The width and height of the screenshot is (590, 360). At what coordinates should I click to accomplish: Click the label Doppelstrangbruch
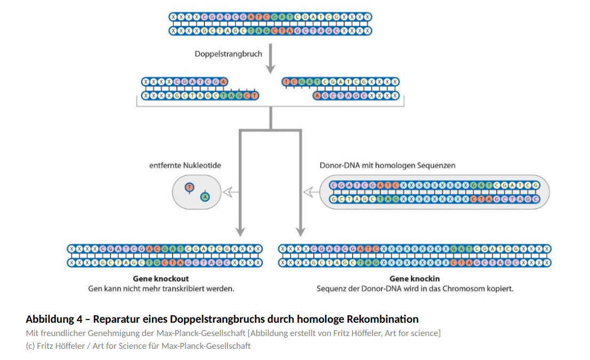point(228,54)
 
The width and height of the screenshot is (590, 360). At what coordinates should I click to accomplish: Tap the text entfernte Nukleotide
point(185,166)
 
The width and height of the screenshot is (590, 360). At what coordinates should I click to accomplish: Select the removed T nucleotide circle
point(189,187)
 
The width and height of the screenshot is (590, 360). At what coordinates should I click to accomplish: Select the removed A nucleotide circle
point(205,198)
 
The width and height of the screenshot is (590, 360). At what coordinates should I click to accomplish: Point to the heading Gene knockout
point(161,279)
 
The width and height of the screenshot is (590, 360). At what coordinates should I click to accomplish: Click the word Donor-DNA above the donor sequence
point(340,166)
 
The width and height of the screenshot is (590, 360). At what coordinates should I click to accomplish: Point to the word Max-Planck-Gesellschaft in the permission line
point(200,333)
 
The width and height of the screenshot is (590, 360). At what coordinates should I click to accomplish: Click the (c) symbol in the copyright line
point(30,346)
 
